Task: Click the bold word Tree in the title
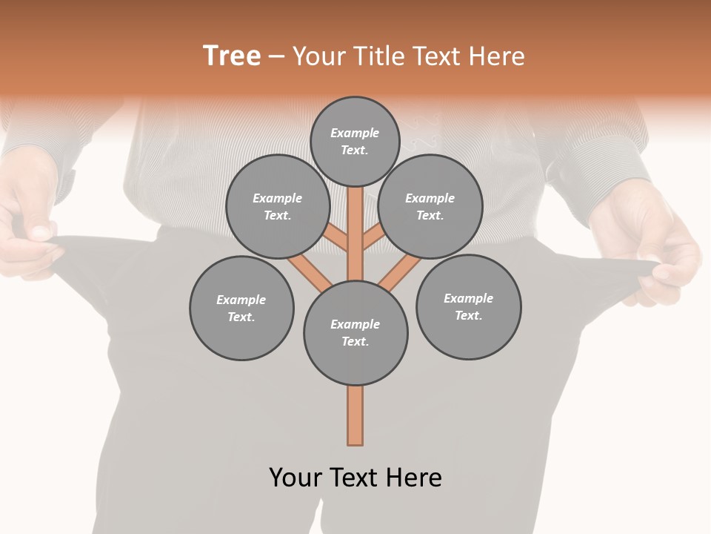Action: pos(232,56)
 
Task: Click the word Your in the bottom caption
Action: pos(296,477)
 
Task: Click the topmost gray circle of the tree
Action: pos(355,141)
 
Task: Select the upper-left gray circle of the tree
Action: pos(277,206)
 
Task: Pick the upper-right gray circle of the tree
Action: pos(430,206)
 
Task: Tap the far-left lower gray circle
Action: pos(241,308)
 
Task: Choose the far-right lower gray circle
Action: pos(468,306)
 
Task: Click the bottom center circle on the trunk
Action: pos(355,333)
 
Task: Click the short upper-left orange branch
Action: pos(337,239)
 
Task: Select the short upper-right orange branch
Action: pos(373,239)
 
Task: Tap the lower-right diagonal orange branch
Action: pos(400,272)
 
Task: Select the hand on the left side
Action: pos(30,222)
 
